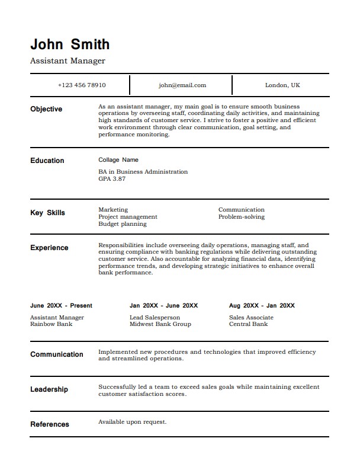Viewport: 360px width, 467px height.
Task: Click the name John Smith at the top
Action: click(x=70, y=44)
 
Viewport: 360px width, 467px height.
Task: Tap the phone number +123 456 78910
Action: click(x=82, y=85)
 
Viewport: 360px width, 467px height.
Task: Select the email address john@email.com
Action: click(x=182, y=85)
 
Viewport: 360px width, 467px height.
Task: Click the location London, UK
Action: click(x=282, y=85)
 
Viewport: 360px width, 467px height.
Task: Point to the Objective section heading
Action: click(x=46, y=109)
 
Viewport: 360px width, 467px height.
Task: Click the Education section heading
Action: click(x=47, y=161)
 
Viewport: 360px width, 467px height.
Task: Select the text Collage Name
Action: click(x=118, y=160)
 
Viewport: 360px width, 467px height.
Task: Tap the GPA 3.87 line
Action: click(x=112, y=178)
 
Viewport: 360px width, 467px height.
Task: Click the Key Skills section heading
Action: click(x=48, y=213)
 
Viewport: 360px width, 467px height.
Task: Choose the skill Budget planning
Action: click(x=123, y=224)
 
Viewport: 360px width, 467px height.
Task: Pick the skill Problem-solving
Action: click(x=242, y=217)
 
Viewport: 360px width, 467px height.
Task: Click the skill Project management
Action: click(x=128, y=217)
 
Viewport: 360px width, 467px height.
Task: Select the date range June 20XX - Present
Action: click(x=61, y=306)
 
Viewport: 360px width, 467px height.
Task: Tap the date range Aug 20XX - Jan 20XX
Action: click(x=262, y=306)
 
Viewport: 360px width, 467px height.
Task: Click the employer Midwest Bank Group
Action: click(x=160, y=324)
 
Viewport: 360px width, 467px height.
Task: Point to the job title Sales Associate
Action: click(x=251, y=318)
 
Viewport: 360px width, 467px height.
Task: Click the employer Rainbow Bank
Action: click(x=52, y=324)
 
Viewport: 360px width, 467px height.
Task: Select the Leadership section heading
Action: click(x=49, y=389)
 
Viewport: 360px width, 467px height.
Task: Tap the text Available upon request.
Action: click(x=132, y=422)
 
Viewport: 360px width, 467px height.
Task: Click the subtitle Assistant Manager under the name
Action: click(x=67, y=60)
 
